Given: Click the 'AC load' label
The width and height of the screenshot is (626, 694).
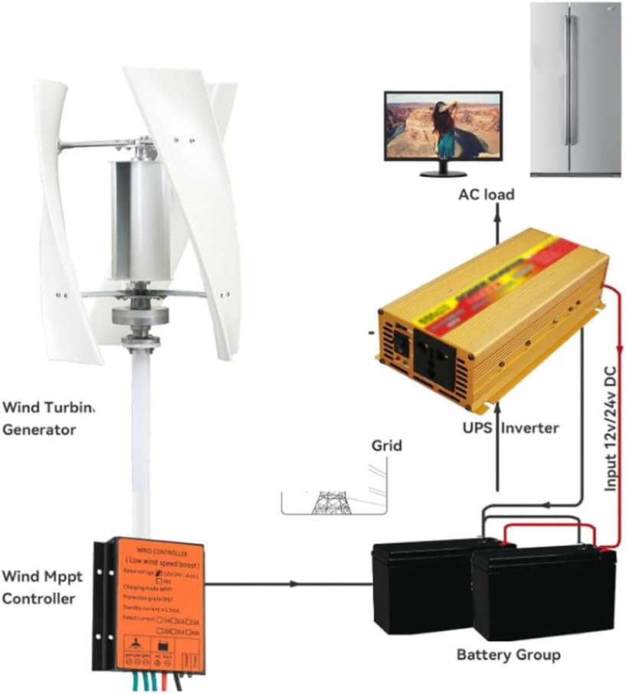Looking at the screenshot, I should point(486,195).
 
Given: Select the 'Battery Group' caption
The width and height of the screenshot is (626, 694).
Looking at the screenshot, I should point(508,655).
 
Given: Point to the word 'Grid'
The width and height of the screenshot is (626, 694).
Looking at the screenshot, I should point(386,445).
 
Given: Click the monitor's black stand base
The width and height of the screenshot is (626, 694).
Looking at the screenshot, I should point(443,173).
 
